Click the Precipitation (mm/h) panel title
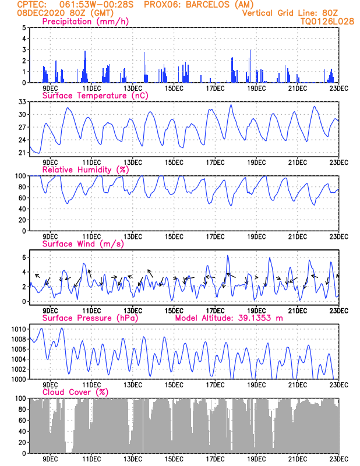coord(85,22)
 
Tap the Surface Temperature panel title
coord(95,96)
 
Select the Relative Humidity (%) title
coord(86,170)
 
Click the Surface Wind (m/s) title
coord(83,244)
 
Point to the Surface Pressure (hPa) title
coord(90,318)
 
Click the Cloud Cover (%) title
coord(75,392)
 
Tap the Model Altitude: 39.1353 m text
coord(229,318)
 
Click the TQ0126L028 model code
coord(327,22)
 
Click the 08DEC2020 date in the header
coord(41,13)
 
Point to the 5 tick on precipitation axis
coord(24,27)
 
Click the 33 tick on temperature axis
coord(22,102)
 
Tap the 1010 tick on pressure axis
coord(19,329)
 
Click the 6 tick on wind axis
coord(24,257)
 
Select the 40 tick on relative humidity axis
coord(22,209)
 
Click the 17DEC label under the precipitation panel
coord(215,89)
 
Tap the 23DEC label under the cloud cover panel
coord(339,459)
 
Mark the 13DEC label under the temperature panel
coord(133,163)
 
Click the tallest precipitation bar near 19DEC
coord(251,66)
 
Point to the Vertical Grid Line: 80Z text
coord(290,13)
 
